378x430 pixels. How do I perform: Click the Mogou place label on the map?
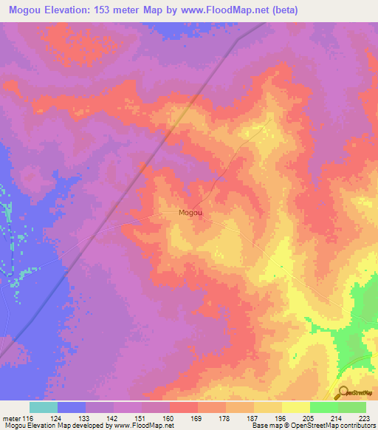tap(190, 213)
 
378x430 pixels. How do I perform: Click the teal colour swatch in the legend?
tap(44, 407)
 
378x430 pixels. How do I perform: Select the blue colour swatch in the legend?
tap(72, 407)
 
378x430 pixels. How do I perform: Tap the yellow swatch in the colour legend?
tap(295, 407)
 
